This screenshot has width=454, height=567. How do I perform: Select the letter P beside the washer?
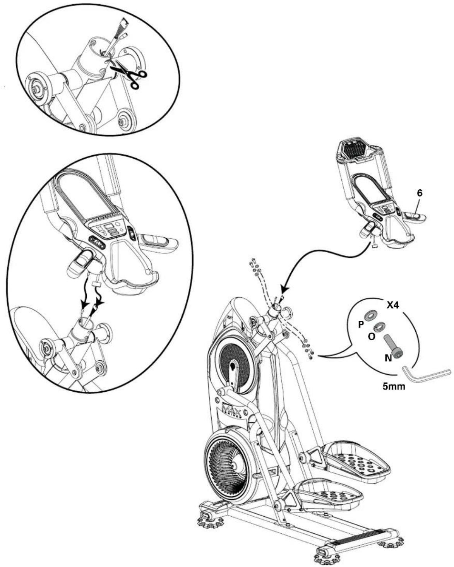tap(361, 324)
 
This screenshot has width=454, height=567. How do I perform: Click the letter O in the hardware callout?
tap(371, 337)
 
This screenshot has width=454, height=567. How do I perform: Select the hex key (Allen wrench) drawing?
tap(426, 374)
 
